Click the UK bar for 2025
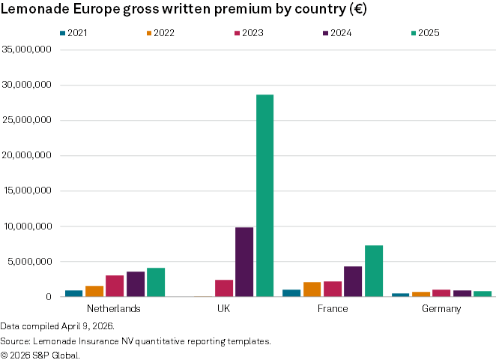[264, 195]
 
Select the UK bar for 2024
[244, 262]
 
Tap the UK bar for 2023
[224, 288]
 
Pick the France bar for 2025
[374, 271]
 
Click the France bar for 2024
[353, 281]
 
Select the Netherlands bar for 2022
[94, 291]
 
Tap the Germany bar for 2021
[401, 295]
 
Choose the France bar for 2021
[291, 293]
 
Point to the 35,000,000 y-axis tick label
[27, 49]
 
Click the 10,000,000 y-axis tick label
[27, 226]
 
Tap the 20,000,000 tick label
[27, 156]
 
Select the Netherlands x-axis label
[114, 309]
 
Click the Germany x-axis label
[441, 309]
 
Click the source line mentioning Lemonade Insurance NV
[135, 341]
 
